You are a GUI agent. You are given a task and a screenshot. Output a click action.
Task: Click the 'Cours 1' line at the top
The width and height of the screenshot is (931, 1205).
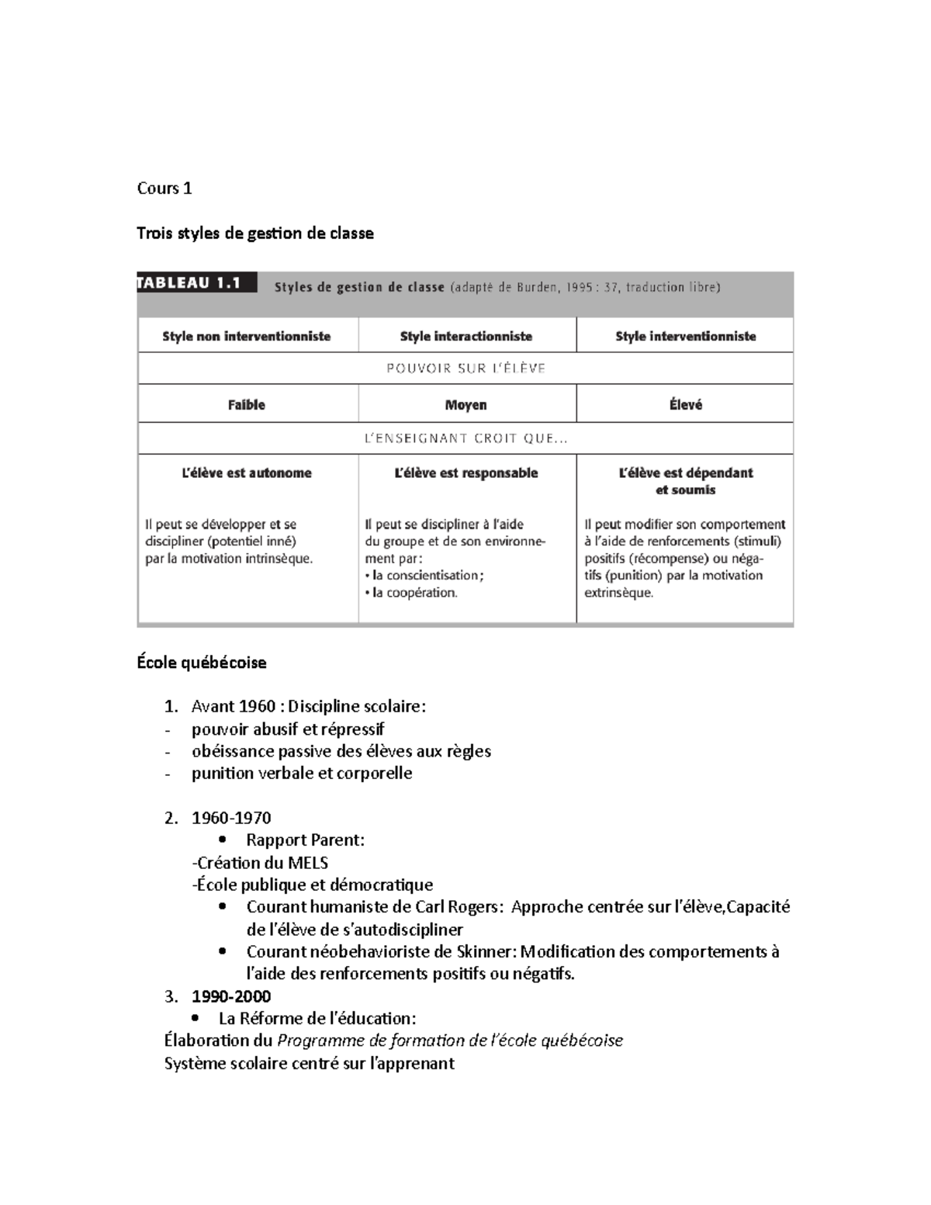tap(164, 189)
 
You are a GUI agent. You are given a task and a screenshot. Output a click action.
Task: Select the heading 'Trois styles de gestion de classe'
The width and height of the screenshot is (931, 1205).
tap(254, 233)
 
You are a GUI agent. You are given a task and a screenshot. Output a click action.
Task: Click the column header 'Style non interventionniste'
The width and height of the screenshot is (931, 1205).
tap(246, 336)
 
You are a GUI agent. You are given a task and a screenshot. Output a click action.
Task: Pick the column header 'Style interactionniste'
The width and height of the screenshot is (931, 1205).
tap(465, 336)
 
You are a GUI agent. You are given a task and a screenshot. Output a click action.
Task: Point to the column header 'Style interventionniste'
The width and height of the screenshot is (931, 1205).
tap(685, 336)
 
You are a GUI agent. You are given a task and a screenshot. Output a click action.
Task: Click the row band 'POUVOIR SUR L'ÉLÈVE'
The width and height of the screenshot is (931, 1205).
tap(465, 369)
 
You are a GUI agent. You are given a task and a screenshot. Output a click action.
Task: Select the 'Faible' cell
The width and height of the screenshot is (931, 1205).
tap(246, 404)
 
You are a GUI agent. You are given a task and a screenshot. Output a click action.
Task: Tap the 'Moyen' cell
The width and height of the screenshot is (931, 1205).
tap(465, 404)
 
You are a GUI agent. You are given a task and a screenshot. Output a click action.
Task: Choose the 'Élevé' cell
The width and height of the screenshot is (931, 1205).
tap(685, 404)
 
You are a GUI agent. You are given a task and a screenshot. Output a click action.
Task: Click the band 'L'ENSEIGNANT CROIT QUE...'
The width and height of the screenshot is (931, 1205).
tap(465, 438)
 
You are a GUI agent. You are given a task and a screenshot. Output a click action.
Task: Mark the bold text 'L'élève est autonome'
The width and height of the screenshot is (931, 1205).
tap(246, 473)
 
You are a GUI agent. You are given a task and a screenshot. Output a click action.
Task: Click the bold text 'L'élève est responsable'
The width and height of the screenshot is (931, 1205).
tap(465, 473)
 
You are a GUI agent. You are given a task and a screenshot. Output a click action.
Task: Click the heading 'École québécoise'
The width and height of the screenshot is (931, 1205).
tap(201, 663)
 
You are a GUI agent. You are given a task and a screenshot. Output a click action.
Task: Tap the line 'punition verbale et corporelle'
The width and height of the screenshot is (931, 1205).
tap(301, 774)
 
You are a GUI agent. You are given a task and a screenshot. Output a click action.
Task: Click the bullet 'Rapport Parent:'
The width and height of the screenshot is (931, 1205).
tap(305, 840)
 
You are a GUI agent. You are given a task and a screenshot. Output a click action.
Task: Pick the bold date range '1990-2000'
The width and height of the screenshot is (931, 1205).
tap(231, 996)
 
